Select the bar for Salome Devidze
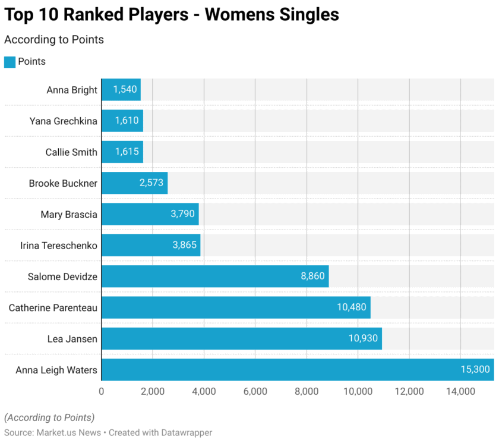(214, 277)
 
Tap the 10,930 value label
(364, 339)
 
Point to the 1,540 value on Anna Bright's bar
(125, 90)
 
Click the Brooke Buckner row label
(63, 183)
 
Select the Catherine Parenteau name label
(53, 307)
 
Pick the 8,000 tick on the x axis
(307, 391)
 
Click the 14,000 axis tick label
(460, 391)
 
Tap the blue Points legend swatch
(10, 62)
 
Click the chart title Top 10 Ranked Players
(172, 14)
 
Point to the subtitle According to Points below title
(54, 40)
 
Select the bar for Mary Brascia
(150, 214)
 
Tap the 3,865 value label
(183, 245)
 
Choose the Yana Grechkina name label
(64, 121)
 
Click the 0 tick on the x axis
(102, 391)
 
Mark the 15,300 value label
(475, 370)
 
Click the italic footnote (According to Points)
(49, 417)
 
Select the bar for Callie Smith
(122, 152)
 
